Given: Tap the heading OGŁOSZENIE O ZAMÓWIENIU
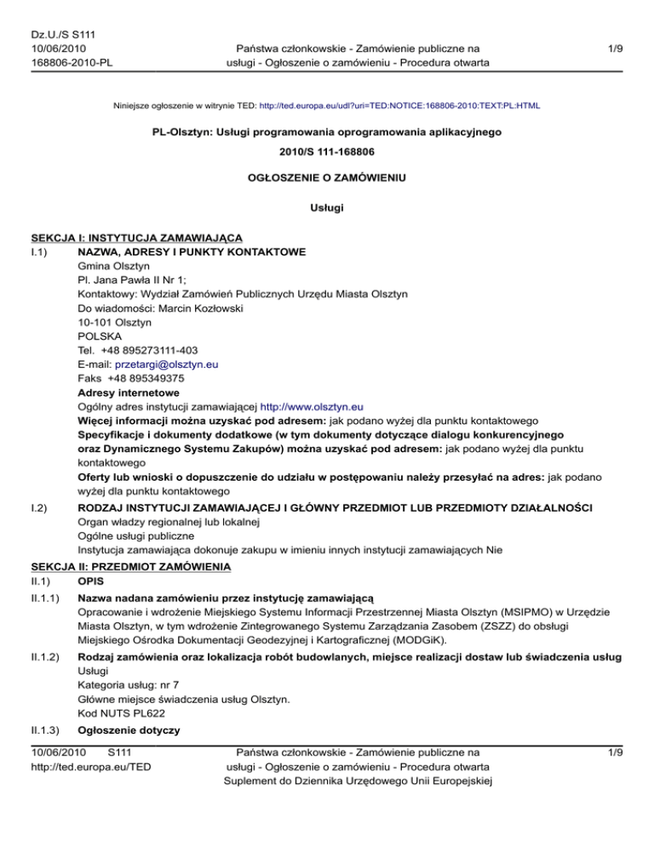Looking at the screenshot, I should click(x=327, y=180).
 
